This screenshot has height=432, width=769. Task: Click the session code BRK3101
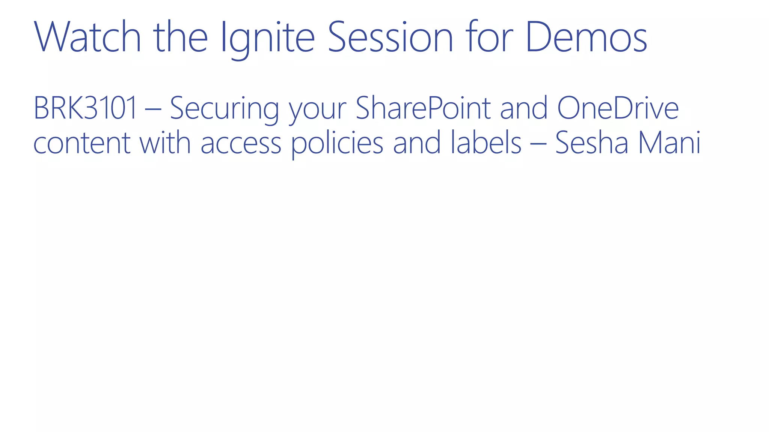[x=85, y=109]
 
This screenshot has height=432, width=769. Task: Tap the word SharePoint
[x=423, y=109]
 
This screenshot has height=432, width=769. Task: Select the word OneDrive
[x=618, y=109]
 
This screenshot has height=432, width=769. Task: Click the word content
[x=81, y=144]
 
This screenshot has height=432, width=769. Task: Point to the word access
[x=241, y=144]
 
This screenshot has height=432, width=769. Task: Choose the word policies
[x=337, y=144]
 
